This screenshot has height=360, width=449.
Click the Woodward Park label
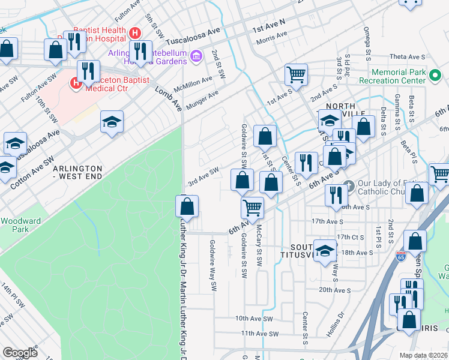[x=20, y=225]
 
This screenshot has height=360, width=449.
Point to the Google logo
[x=20, y=353]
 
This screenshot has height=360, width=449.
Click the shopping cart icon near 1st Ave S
[x=296, y=74]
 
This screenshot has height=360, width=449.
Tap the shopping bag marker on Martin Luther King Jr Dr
[x=188, y=206]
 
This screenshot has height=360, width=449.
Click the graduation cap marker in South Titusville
[x=325, y=251]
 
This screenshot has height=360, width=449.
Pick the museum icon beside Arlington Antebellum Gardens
[x=196, y=57]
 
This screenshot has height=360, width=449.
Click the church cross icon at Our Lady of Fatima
[x=351, y=185]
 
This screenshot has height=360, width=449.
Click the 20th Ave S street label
[x=334, y=290]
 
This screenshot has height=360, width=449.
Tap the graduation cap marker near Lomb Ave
[x=112, y=122]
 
